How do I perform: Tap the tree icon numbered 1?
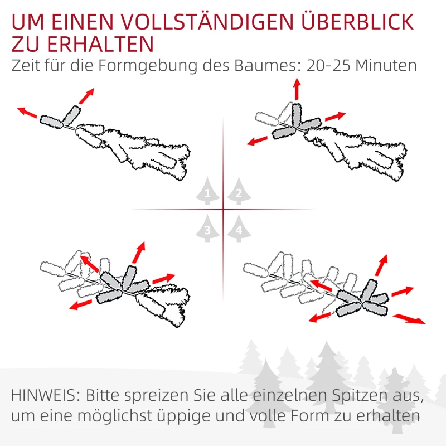pos(208,191)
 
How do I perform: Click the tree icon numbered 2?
pos(239,191)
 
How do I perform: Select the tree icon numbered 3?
pos(208,228)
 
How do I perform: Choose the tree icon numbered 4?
pos(239,228)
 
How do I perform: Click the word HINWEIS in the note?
pos(45,396)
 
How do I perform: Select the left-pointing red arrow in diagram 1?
pos(27,113)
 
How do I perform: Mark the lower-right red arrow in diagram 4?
pos(409,319)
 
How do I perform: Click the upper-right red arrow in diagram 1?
pos(86,96)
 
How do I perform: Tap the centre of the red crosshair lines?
pos(224,210)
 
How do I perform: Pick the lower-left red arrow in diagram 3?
pos(81,303)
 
